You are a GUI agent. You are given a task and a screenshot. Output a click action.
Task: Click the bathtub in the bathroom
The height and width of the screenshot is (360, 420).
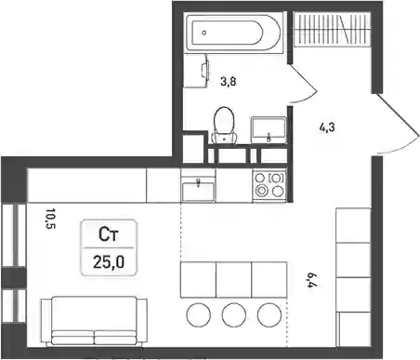[234, 33]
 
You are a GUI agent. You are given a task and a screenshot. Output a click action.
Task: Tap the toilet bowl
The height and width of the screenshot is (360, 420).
[224, 126]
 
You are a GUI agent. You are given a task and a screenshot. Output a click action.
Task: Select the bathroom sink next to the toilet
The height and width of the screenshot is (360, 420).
[269, 129]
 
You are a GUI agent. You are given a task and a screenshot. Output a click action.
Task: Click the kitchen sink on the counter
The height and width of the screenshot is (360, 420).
[198, 190]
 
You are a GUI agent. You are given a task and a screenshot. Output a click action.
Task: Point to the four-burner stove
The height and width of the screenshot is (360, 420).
[269, 185]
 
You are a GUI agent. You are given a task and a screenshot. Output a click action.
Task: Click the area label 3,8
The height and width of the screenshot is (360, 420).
[229, 82]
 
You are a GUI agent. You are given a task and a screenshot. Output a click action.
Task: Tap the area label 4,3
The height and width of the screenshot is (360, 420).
[327, 127]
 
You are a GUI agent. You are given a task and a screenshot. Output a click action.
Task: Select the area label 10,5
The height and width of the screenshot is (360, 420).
[50, 219]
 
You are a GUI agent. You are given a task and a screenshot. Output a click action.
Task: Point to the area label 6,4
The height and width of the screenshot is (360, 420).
[311, 280]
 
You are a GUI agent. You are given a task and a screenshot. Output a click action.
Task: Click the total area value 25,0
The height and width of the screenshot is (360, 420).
[109, 262]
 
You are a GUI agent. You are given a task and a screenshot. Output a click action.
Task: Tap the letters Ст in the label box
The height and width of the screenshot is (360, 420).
[108, 234]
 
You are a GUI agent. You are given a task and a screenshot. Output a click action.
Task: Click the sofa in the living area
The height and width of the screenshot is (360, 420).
[94, 321]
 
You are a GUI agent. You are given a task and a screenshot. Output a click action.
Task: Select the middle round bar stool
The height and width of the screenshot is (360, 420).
[234, 314]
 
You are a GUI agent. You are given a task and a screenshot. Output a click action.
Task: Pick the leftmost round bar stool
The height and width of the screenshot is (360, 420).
[199, 314]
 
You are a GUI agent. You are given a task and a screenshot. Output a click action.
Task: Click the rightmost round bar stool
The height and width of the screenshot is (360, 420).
[269, 314]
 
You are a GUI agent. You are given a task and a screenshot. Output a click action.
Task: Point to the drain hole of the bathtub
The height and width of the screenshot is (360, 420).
[203, 33]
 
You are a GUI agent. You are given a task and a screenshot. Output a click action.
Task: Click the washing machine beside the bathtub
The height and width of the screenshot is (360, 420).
[196, 71]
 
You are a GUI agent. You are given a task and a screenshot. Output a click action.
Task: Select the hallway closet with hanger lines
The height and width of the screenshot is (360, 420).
[332, 30]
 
